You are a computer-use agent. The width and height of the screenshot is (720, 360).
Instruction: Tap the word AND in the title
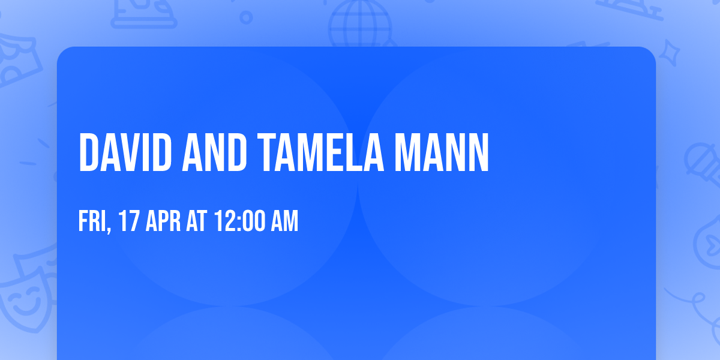click(x=215, y=153)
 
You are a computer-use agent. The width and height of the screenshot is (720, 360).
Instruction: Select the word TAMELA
click(x=320, y=153)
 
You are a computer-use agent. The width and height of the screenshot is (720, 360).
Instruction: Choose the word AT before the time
click(x=196, y=222)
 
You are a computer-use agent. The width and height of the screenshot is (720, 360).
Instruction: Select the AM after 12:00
click(x=285, y=222)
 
